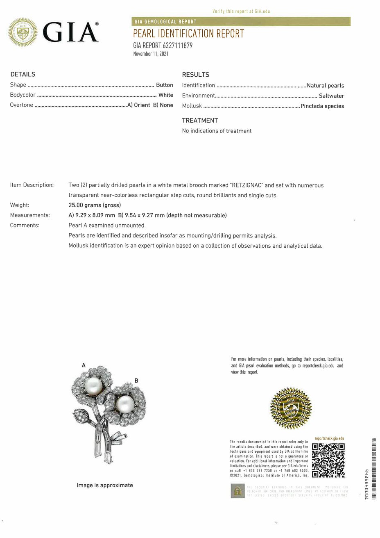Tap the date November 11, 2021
(151, 54)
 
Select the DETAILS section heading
(23, 74)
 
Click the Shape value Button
(165, 85)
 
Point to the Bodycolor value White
(166, 95)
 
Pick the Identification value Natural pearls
(325, 86)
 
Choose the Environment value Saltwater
(331, 96)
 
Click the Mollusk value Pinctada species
(322, 106)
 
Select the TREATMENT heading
(200, 121)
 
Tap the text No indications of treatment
(217, 131)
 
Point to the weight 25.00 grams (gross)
(95, 205)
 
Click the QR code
(328, 460)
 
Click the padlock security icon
(236, 491)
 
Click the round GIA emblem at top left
(23, 32)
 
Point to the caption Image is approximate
(105, 485)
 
